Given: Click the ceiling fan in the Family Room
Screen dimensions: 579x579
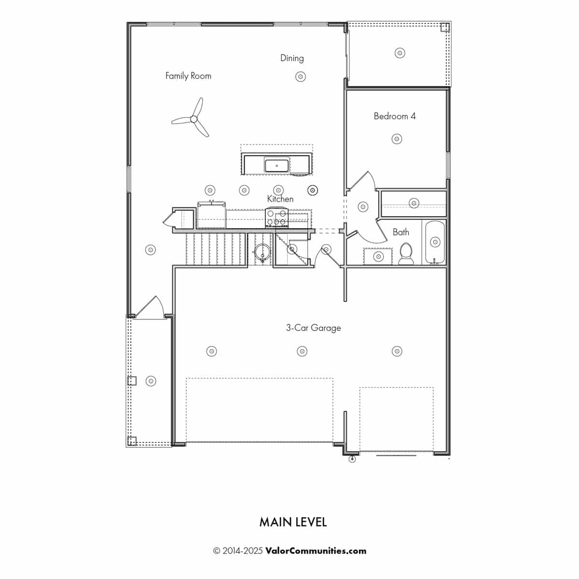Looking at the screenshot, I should pyautogui.click(x=193, y=119).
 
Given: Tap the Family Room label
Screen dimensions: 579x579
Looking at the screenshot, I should pyautogui.click(x=188, y=76).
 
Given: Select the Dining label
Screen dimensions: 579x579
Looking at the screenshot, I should pyautogui.click(x=292, y=58).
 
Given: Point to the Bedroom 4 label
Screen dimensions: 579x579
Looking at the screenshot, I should pyautogui.click(x=395, y=116).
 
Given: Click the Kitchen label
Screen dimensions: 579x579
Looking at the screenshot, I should pyautogui.click(x=280, y=199).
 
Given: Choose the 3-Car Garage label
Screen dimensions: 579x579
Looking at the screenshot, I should pyautogui.click(x=313, y=328).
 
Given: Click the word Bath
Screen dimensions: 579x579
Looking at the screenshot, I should pyautogui.click(x=401, y=232).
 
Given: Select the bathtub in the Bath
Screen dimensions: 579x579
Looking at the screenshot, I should pyautogui.click(x=435, y=242).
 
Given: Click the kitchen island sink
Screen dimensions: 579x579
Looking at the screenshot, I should pyautogui.click(x=276, y=165).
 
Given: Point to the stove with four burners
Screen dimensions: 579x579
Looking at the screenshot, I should pyautogui.click(x=277, y=218).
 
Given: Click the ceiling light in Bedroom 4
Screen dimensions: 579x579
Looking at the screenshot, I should pyautogui.click(x=397, y=139).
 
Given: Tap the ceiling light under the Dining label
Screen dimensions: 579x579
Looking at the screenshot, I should pyautogui.click(x=300, y=76).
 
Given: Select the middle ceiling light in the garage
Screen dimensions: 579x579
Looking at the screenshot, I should pyautogui.click(x=302, y=351).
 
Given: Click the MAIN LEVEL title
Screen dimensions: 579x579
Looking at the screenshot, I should pyautogui.click(x=293, y=522).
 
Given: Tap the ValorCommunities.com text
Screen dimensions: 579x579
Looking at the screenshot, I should pyautogui.click(x=316, y=551).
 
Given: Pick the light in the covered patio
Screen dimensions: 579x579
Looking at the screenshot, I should pyautogui.click(x=400, y=53).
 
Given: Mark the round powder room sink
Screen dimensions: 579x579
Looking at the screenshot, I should pyautogui.click(x=262, y=251).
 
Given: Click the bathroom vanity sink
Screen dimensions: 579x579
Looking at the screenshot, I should pyautogui.click(x=379, y=256).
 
